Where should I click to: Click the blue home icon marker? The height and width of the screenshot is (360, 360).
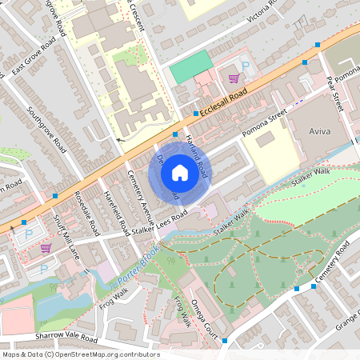pyautogui.click(x=180, y=172)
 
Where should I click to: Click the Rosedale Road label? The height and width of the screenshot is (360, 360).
pyautogui.click(x=86, y=216)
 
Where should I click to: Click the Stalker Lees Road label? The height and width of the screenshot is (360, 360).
pyautogui.click(x=161, y=221)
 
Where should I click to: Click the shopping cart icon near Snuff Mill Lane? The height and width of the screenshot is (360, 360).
pyautogui.click(x=46, y=248)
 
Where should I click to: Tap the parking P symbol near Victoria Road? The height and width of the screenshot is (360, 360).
pyautogui.click(x=246, y=67)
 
